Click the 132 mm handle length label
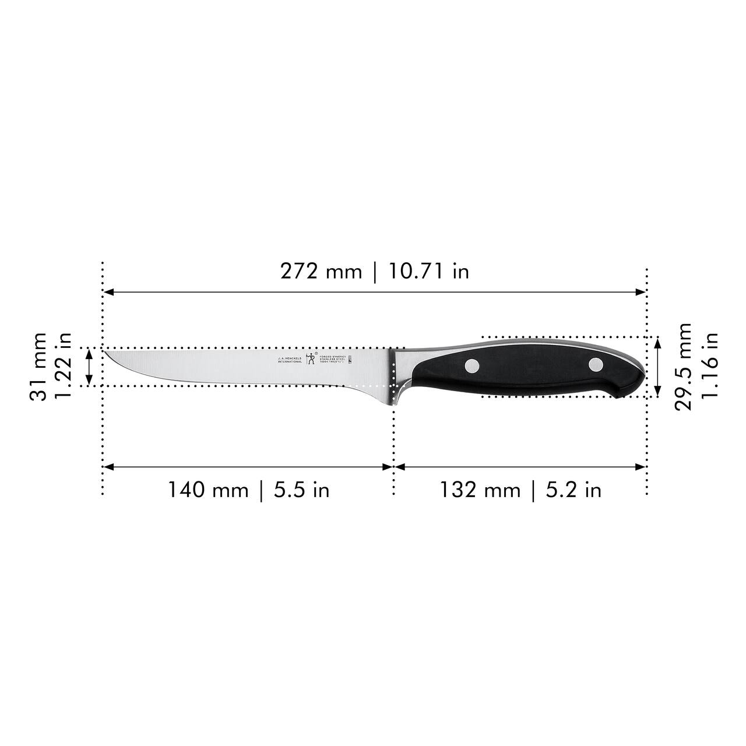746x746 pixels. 480,490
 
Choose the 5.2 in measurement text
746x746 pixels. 573,490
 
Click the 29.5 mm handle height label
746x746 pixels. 683,367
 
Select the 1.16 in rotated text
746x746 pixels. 710,367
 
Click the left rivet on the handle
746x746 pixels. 472,366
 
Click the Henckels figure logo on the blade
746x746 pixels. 310,358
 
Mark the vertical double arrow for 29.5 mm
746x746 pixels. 658,367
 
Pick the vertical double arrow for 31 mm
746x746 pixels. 89,367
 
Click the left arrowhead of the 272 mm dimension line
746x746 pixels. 107,291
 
